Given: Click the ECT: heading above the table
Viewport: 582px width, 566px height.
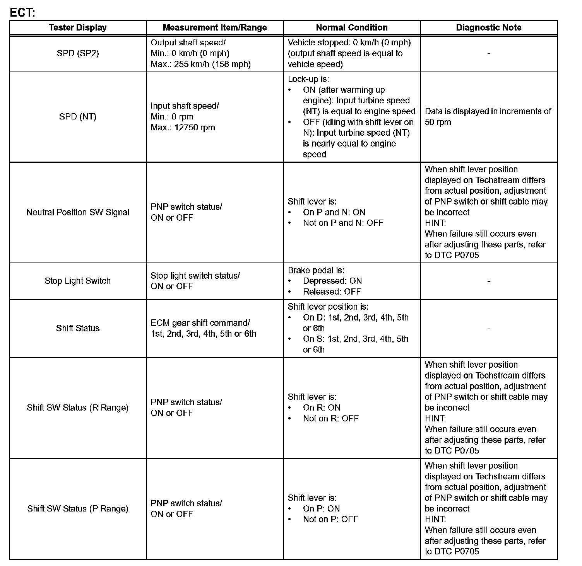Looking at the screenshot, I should (x=22, y=12).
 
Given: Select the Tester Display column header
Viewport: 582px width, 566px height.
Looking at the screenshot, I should (x=78, y=27).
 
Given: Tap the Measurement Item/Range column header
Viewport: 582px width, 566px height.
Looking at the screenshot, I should (x=215, y=27).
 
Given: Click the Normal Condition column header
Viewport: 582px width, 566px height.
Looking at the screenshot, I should (x=352, y=27).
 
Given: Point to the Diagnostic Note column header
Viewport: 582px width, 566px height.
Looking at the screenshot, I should (x=489, y=27).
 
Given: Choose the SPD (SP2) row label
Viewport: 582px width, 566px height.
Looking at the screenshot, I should (x=78, y=53).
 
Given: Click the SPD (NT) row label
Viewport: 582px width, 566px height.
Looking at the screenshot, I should (x=78, y=117).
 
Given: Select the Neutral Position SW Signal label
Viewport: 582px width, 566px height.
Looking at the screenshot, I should (x=78, y=212).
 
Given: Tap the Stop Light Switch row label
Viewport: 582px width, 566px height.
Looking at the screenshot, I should (x=78, y=281).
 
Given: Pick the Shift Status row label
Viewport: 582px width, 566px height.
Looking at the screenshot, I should (x=78, y=328).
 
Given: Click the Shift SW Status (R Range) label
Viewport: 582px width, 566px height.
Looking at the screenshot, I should (x=78, y=407).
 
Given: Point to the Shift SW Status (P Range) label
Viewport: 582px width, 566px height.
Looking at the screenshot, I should (x=78, y=509).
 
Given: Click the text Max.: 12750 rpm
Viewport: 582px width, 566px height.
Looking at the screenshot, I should (x=183, y=128).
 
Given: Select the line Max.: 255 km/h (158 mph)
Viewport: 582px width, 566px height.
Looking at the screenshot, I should (x=200, y=64).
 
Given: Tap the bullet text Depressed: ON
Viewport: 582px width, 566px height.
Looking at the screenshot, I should (x=332, y=281).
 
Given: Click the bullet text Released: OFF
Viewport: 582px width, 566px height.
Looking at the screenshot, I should (x=332, y=292).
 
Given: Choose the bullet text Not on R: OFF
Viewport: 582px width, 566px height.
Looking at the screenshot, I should (x=331, y=418).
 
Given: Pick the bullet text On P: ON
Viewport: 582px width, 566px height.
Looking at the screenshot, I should (x=322, y=509).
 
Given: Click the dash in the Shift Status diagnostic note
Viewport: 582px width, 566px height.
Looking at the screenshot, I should (x=489, y=329).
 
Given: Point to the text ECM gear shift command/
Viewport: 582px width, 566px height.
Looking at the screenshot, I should (x=200, y=323).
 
